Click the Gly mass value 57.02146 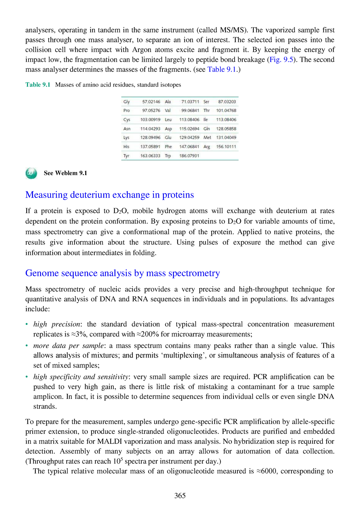pyautogui.click(x=151, y=102)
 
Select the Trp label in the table pyautogui.click(x=168, y=156)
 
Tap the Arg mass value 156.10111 pyautogui.click(x=226, y=147)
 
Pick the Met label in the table pyautogui.click(x=207, y=138)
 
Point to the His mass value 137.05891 pyautogui.click(x=150, y=147)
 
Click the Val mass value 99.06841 pyautogui.click(x=190, y=111)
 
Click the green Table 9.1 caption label pyautogui.click(x=38, y=85)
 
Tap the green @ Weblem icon pyautogui.click(x=31, y=173)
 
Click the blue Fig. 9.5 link pyautogui.click(x=281, y=60)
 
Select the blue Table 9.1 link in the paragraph pyautogui.click(x=222, y=70)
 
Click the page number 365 pyautogui.click(x=180, y=496)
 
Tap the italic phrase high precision pyautogui.click(x=57, y=324)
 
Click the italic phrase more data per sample pyautogui.click(x=68, y=346)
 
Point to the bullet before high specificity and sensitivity pyautogui.click(x=27, y=377)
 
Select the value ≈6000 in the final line pyautogui.click(x=267, y=471)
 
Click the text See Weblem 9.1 pyautogui.click(x=65, y=173)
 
